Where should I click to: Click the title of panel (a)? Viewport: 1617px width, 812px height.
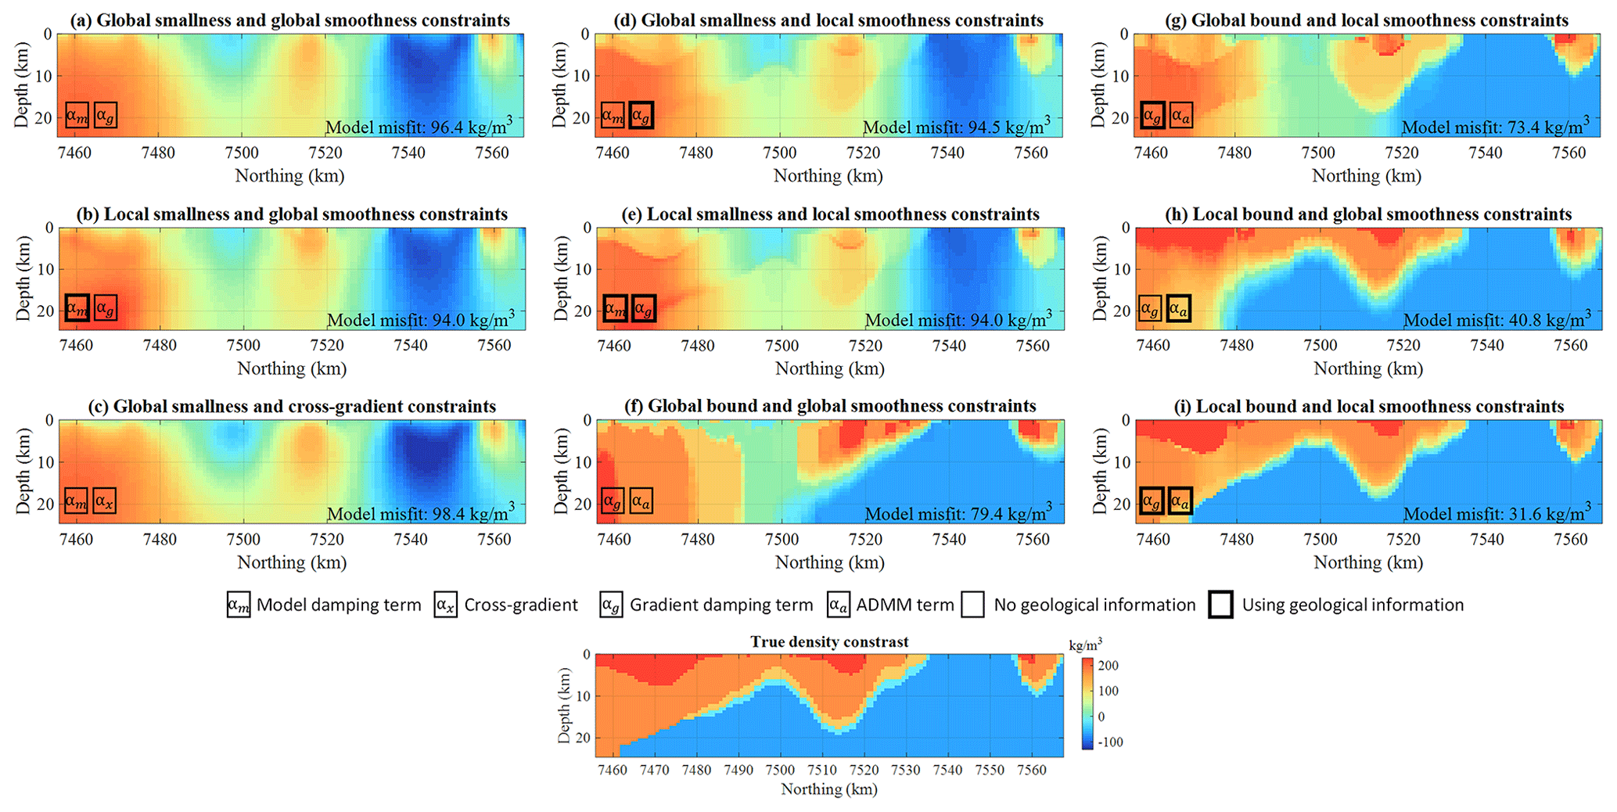coord(289,20)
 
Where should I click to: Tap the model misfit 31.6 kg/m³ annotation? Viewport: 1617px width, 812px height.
coord(1497,513)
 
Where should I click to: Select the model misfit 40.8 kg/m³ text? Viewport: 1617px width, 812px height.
coord(1497,319)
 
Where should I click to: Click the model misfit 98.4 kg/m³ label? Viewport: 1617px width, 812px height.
coord(420,513)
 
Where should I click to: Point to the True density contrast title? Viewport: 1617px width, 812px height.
coord(829,642)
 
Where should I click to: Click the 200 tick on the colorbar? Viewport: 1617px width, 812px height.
coord(1109,666)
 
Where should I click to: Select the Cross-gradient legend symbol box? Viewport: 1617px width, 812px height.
coord(445,605)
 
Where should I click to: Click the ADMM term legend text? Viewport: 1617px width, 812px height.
coord(905,605)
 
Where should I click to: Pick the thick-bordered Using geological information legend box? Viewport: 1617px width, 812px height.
coord(1220,605)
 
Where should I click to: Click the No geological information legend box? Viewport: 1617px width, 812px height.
coord(972,605)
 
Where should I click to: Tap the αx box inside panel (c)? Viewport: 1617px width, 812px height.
coord(105,501)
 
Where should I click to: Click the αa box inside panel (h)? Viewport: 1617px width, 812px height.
coord(1178,308)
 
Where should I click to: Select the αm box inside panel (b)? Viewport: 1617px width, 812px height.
coord(77,308)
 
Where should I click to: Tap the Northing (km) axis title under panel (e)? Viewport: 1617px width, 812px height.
coord(829,368)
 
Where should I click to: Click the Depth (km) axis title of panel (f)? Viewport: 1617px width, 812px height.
coord(562,471)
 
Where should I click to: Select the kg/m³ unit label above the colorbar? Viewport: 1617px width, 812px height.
coord(1086,645)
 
